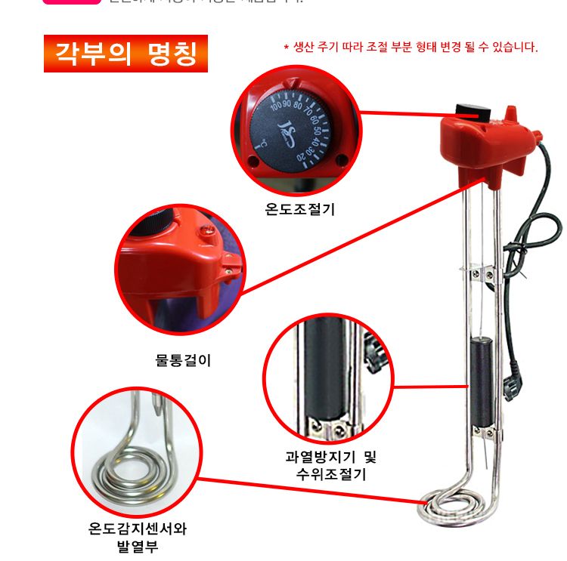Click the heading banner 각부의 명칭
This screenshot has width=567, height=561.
coord(125,54)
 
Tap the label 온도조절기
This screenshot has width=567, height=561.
coord(299,210)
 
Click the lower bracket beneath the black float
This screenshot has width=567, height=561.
coord(483,431)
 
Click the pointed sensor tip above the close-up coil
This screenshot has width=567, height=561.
coord(159,412)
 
